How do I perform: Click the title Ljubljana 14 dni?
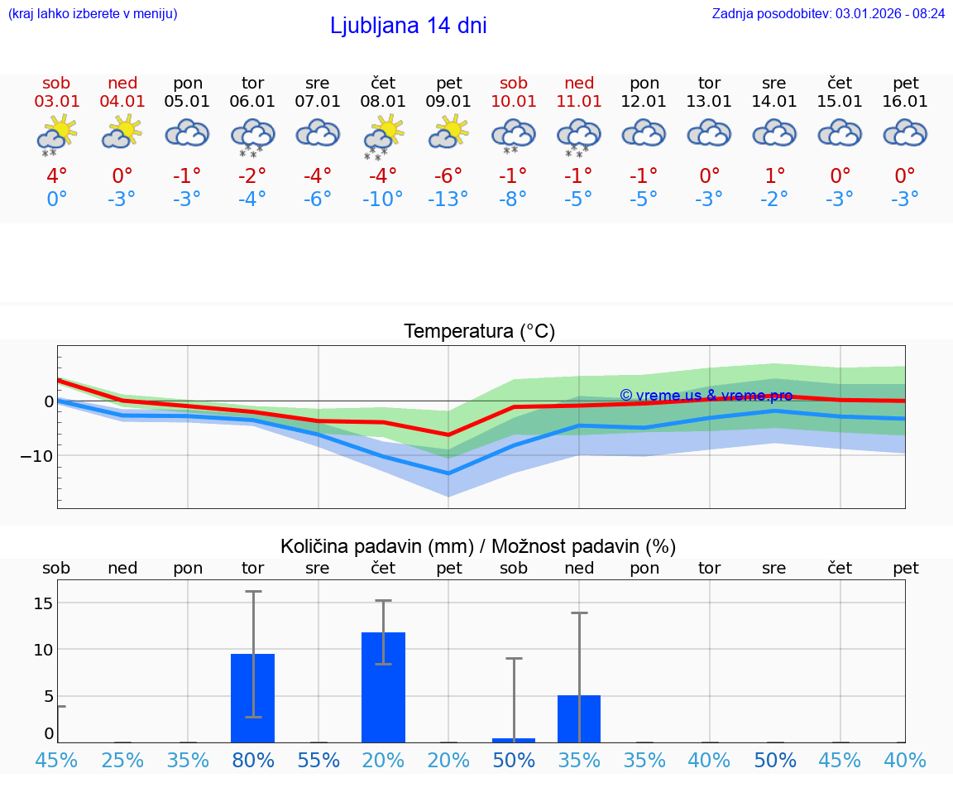[408, 26]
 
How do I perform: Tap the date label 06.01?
[252, 102]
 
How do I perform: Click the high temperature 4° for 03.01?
[56, 176]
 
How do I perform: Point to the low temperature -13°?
[448, 199]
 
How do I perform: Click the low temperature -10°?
[383, 199]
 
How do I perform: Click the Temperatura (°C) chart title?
[479, 332]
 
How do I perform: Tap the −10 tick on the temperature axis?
[37, 455]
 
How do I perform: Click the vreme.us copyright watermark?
[706, 396]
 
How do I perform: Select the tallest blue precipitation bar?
[383, 687]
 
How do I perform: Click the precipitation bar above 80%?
[252, 698]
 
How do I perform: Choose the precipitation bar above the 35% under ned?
[579, 718]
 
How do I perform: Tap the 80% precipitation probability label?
[252, 760]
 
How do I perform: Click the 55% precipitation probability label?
[318, 760]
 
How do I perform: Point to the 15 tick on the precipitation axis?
[42, 603]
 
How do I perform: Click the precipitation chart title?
[478, 546]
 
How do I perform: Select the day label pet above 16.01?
[905, 83]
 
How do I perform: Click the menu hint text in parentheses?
[93, 13]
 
